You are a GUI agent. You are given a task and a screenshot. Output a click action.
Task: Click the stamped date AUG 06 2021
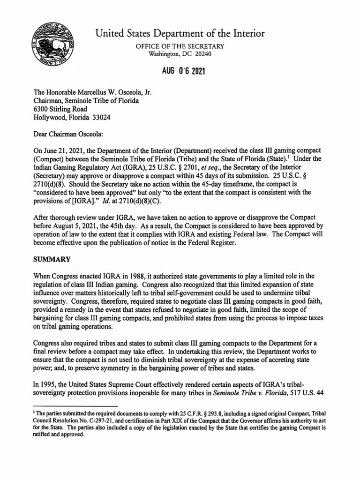[180, 72]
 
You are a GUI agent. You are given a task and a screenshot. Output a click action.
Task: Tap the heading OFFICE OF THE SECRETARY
[180, 46]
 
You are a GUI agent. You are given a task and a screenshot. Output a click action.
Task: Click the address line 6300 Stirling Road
[60, 109]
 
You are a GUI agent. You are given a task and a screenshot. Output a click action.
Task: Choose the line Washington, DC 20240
[180, 54]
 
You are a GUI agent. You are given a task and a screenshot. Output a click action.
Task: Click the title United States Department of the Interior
[180, 33]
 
